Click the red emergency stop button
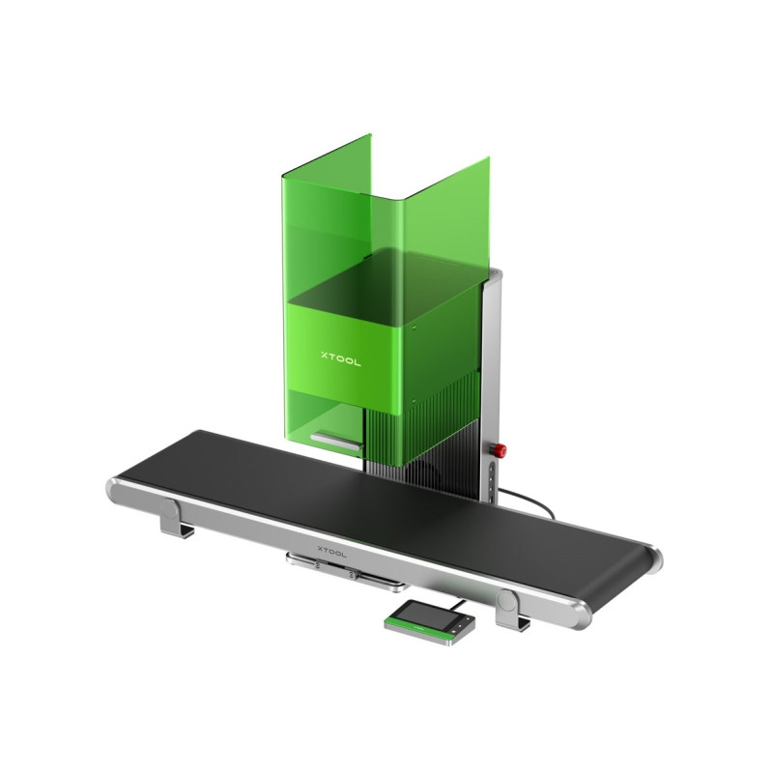[501, 449]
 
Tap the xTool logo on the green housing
[341, 358]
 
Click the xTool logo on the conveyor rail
[331, 551]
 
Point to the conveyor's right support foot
[510, 610]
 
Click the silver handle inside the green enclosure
[335, 442]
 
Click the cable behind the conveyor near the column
[530, 501]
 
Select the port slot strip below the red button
[491, 481]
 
